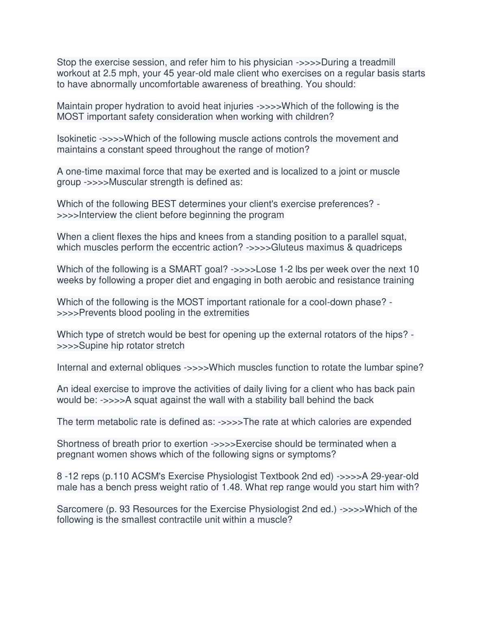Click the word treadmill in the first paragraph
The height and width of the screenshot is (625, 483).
(373, 62)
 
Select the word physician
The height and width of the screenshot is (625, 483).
(273, 62)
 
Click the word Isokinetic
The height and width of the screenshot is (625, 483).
(76, 139)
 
